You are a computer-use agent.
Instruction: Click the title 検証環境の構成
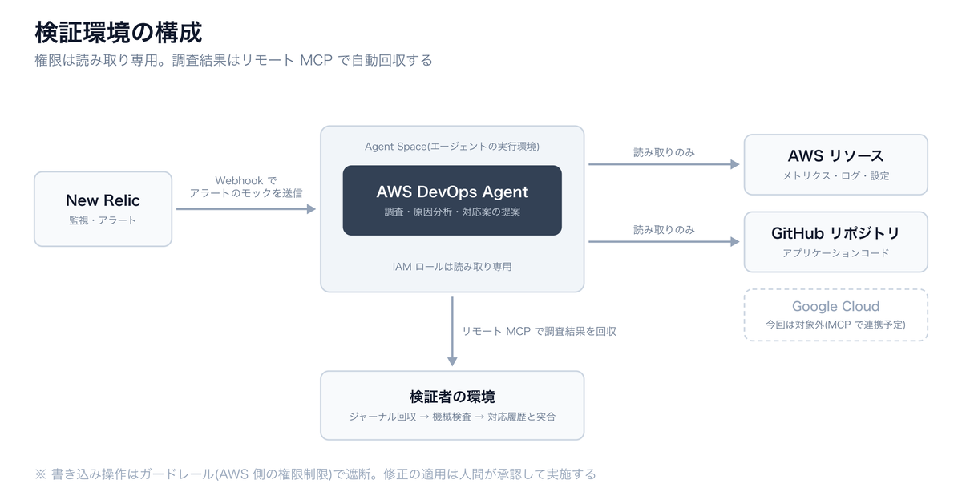(118, 33)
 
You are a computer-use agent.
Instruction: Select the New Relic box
(103, 209)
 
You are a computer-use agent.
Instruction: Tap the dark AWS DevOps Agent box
(452, 200)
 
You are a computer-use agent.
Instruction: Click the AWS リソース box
(835, 164)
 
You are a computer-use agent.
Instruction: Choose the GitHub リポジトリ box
(835, 242)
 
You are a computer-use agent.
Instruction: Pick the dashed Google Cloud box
(835, 315)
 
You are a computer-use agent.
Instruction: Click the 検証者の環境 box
(452, 405)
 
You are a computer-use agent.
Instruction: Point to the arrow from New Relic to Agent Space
(246, 209)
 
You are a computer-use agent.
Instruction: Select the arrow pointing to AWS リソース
(664, 164)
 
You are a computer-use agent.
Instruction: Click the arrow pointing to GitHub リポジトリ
(664, 242)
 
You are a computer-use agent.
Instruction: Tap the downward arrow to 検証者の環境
(452, 332)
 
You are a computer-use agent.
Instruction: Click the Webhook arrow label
(246, 187)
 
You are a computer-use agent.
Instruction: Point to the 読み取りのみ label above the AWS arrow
(664, 152)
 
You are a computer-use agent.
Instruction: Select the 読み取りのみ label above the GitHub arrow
(664, 230)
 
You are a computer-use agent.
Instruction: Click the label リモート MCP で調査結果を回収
(539, 332)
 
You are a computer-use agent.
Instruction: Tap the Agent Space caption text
(452, 147)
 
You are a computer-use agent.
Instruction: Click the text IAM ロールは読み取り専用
(452, 267)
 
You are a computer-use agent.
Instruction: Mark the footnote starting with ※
(315, 474)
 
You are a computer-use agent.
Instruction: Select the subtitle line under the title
(233, 60)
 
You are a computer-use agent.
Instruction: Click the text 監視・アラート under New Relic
(103, 220)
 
